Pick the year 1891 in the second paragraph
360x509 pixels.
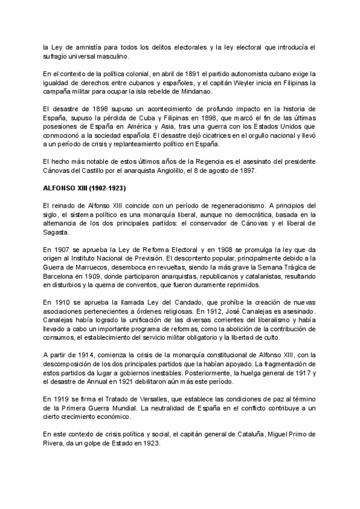[178, 73]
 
